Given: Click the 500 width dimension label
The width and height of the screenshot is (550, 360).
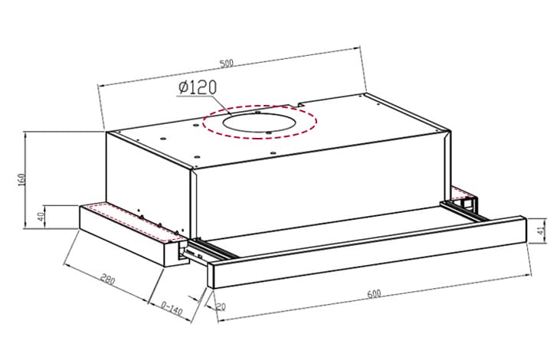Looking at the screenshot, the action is tap(226, 64).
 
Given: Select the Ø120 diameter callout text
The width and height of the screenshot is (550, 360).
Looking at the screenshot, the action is tap(198, 87).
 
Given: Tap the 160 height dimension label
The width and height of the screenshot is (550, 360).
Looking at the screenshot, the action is tap(21, 180).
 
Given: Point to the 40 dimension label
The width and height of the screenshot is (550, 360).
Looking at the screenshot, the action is tap(41, 217).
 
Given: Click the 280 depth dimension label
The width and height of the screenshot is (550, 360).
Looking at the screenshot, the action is tap(108, 280).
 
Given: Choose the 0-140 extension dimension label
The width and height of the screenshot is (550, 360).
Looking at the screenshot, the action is tap(172, 308).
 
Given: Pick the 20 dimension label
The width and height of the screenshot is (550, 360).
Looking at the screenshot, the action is tap(221, 307).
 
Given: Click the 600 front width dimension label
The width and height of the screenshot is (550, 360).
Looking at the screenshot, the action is tap(374, 293).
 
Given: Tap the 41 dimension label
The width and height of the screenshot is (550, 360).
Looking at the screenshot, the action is tap(542, 231).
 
